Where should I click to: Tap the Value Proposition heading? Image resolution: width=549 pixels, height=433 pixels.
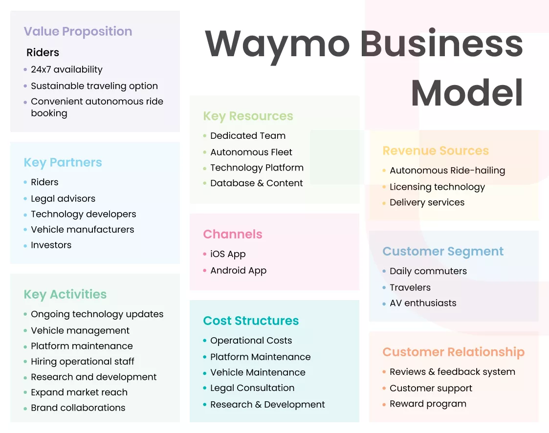[x=78, y=32]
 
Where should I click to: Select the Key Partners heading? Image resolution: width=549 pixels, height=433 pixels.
[x=63, y=163]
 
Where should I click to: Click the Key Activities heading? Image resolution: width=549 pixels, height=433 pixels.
[x=65, y=295]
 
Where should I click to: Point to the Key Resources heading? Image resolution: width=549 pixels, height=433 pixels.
[x=248, y=116]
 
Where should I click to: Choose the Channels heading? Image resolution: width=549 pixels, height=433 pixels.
[x=233, y=235]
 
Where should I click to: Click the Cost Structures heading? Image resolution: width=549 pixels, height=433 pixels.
[x=251, y=321]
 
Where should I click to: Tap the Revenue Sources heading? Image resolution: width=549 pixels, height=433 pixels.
[x=436, y=151]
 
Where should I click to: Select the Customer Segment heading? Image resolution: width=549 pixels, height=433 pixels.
[x=443, y=252]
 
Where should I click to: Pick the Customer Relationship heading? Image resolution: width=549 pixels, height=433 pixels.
[x=453, y=352]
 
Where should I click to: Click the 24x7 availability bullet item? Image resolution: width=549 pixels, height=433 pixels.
[x=66, y=70]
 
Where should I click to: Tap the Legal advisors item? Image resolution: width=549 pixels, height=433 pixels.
[x=63, y=199]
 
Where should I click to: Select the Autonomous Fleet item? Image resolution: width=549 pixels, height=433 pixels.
[x=251, y=152]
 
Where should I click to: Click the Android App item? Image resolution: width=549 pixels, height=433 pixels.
[x=238, y=271]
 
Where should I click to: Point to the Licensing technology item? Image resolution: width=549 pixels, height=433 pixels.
[x=437, y=187]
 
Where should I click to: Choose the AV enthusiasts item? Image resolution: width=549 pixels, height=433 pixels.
[x=423, y=303]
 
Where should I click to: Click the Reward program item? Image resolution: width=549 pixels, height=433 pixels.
[x=428, y=404]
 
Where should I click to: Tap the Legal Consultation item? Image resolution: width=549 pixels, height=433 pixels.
[x=252, y=388]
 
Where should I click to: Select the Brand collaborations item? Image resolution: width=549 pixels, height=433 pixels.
[x=78, y=408]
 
